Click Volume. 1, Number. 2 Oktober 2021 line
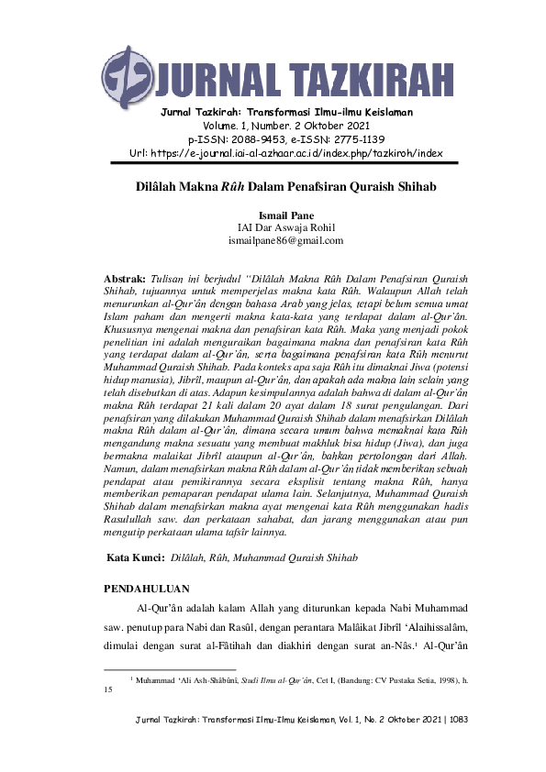pos(273,126)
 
